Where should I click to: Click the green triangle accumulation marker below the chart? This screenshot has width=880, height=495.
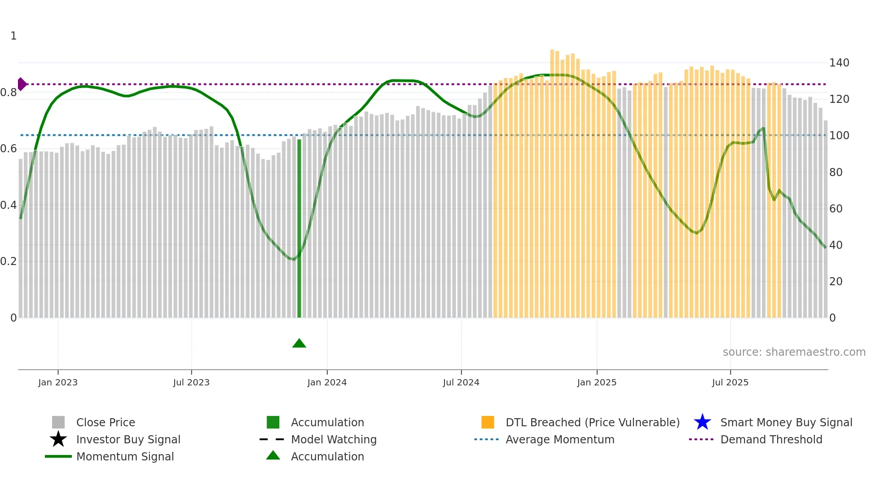299,344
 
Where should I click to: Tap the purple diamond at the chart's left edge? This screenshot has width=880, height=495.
22,84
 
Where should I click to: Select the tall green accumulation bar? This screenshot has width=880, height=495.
299,229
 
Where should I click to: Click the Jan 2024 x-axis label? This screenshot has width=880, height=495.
327,382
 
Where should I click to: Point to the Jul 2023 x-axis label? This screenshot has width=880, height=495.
191,382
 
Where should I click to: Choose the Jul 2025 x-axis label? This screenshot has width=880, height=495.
730,382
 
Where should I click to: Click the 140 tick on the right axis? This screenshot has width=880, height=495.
839,63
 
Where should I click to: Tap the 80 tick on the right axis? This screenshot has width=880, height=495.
836,172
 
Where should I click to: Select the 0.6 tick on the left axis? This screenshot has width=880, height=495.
9,149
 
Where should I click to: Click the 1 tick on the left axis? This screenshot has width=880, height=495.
13,36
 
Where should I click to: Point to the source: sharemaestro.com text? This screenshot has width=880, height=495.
794,352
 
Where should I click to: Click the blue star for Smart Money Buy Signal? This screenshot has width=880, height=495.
702,422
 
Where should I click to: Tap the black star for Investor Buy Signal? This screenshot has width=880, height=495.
58,439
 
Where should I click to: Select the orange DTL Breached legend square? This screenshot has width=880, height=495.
488,422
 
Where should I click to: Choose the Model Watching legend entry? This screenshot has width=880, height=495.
333,439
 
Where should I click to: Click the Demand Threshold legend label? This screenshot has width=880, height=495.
771,439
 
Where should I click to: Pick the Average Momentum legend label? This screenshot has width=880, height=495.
559,439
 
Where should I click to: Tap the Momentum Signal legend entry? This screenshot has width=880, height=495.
125,456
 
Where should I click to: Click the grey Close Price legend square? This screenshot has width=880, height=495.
58,422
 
